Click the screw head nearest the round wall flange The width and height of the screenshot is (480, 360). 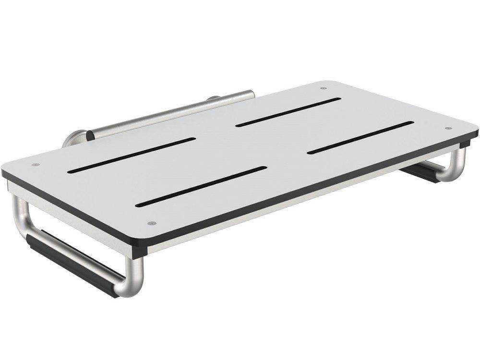(35, 165)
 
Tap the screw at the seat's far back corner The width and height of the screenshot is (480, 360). (323, 88)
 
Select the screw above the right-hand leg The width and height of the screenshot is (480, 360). (448, 128)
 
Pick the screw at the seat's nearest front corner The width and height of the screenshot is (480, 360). (152, 223)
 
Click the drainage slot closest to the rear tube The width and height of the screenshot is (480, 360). (132, 155)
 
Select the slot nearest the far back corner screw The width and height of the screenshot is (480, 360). (288, 112)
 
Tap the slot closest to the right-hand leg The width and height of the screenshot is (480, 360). (360, 137)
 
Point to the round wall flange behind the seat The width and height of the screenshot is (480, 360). (72, 138)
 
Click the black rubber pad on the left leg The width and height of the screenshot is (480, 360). (72, 262)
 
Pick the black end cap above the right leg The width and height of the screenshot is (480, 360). (466, 143)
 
